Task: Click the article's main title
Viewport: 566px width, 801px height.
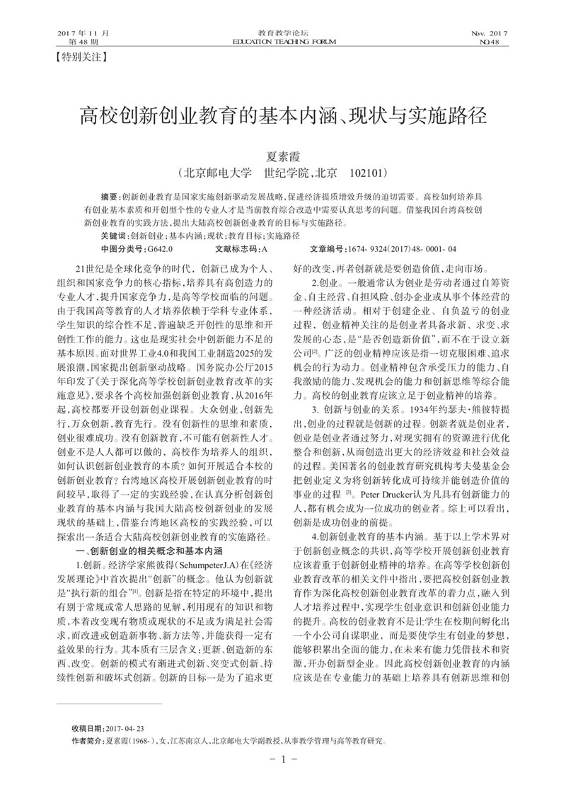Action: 283,114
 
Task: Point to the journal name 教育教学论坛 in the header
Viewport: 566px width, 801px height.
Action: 282,33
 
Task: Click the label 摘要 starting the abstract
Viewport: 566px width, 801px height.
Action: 109,195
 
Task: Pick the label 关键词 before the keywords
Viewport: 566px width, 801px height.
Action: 114,236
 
